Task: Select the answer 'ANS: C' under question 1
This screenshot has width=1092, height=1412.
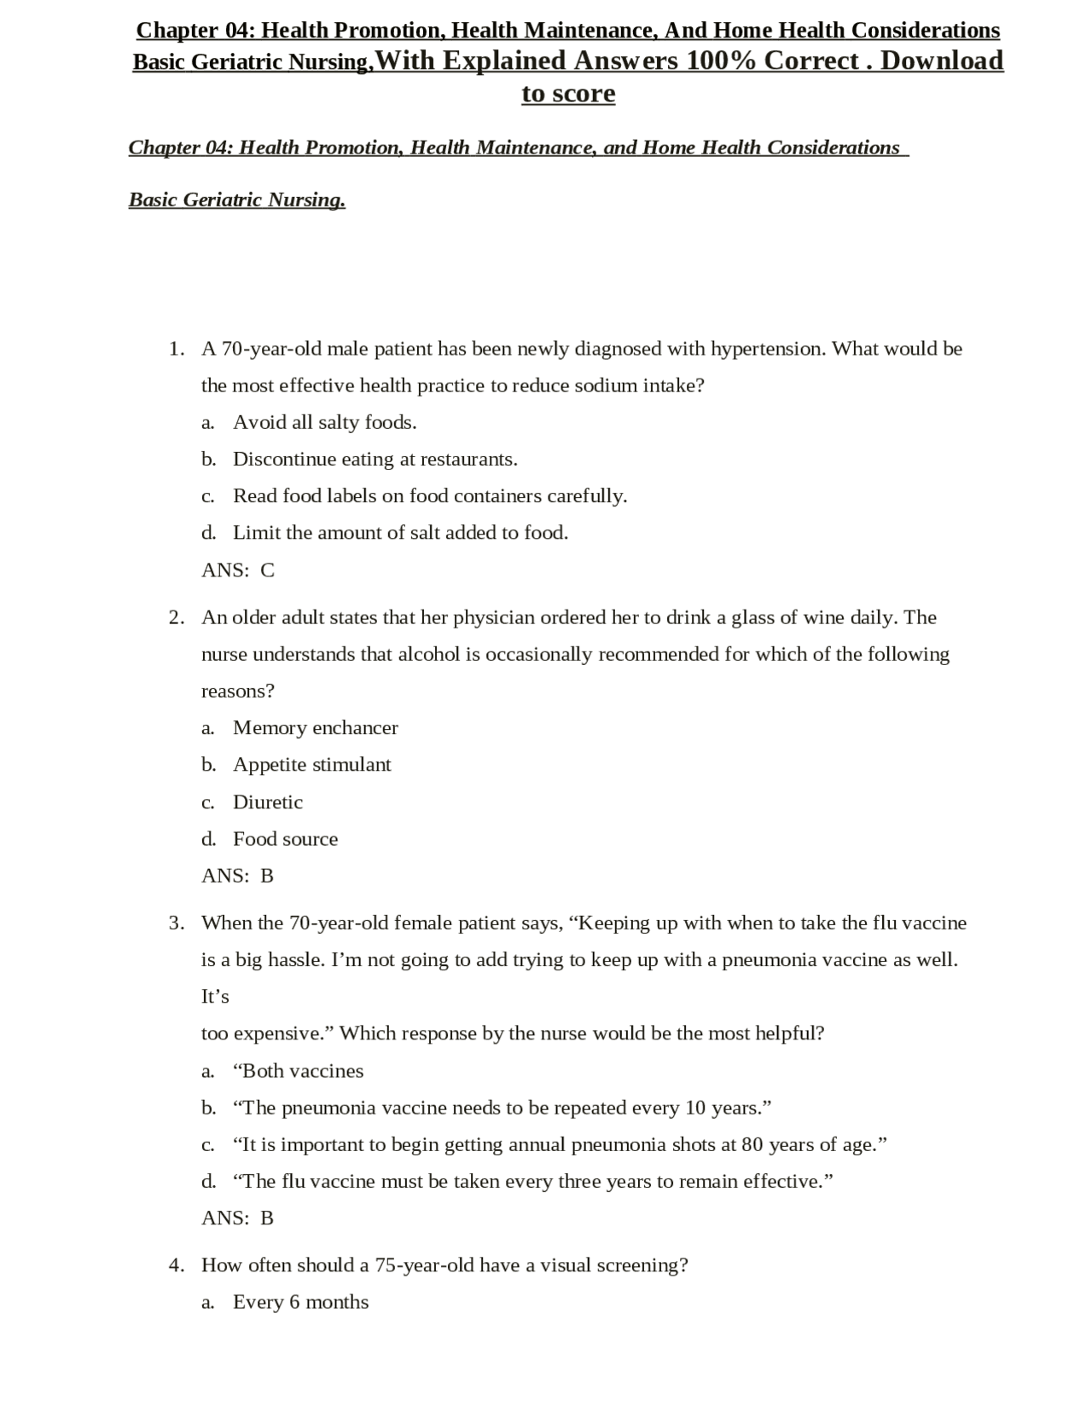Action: (238, 570)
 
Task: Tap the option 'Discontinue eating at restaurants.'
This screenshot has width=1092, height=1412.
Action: (375, 460)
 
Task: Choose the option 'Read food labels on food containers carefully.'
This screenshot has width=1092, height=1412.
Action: (429, 496)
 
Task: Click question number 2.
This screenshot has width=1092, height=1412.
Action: (177, 617)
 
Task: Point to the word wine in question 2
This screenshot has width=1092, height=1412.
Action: (823, 617)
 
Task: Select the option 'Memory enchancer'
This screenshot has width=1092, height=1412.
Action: (315, 728)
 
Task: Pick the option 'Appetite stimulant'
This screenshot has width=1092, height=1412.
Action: (311, 765)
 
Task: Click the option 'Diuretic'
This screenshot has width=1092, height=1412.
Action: (267, 802)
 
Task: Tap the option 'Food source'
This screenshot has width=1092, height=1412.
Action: (285, 839)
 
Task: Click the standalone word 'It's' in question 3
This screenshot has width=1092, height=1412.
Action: (215, 997)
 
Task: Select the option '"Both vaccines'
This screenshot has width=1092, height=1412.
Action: (298, 1071)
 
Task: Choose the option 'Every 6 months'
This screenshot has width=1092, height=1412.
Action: (300, 1302)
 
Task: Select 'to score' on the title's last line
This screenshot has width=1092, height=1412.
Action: (568, 94)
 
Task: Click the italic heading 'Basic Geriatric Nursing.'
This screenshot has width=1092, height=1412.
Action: (237, 200)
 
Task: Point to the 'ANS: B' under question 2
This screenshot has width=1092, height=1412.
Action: (237, 876)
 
